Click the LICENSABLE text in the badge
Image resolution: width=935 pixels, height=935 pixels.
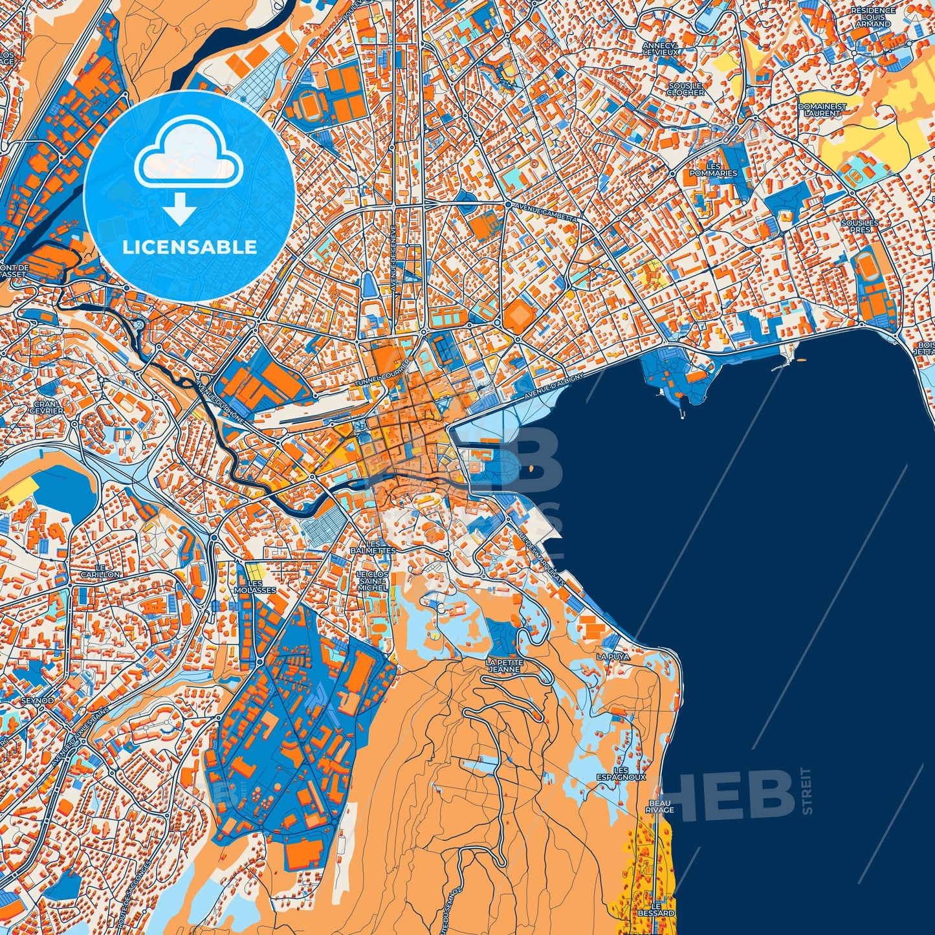coord(190,247)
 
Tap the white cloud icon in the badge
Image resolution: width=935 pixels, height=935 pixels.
coord(189,157)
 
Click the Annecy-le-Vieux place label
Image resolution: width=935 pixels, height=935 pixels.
coord(660,49)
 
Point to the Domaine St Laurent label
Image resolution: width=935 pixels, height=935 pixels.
coord(822,109)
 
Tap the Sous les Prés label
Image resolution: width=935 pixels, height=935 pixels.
coord(860,226)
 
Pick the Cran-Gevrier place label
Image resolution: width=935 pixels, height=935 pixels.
coord(47,407)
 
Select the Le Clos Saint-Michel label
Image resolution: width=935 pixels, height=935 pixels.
coord(373,580)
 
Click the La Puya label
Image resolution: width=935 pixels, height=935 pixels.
coord(612,656)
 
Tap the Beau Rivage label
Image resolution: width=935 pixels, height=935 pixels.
coord(660,806)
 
